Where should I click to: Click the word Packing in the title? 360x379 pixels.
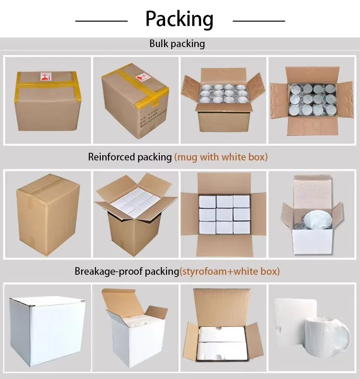coord(180,19)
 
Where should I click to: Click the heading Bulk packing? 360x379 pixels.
coord(177,44)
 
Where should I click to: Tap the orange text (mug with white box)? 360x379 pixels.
coord(221,157)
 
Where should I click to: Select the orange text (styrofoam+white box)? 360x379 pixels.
coord(229,271)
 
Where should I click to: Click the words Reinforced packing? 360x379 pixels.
coord(130,157)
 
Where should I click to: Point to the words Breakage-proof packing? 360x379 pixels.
coord(127,271)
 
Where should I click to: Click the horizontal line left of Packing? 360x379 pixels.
coord(101,21)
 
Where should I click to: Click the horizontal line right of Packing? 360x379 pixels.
coord(259,21)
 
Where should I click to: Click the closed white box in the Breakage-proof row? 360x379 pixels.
coord(47,327)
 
